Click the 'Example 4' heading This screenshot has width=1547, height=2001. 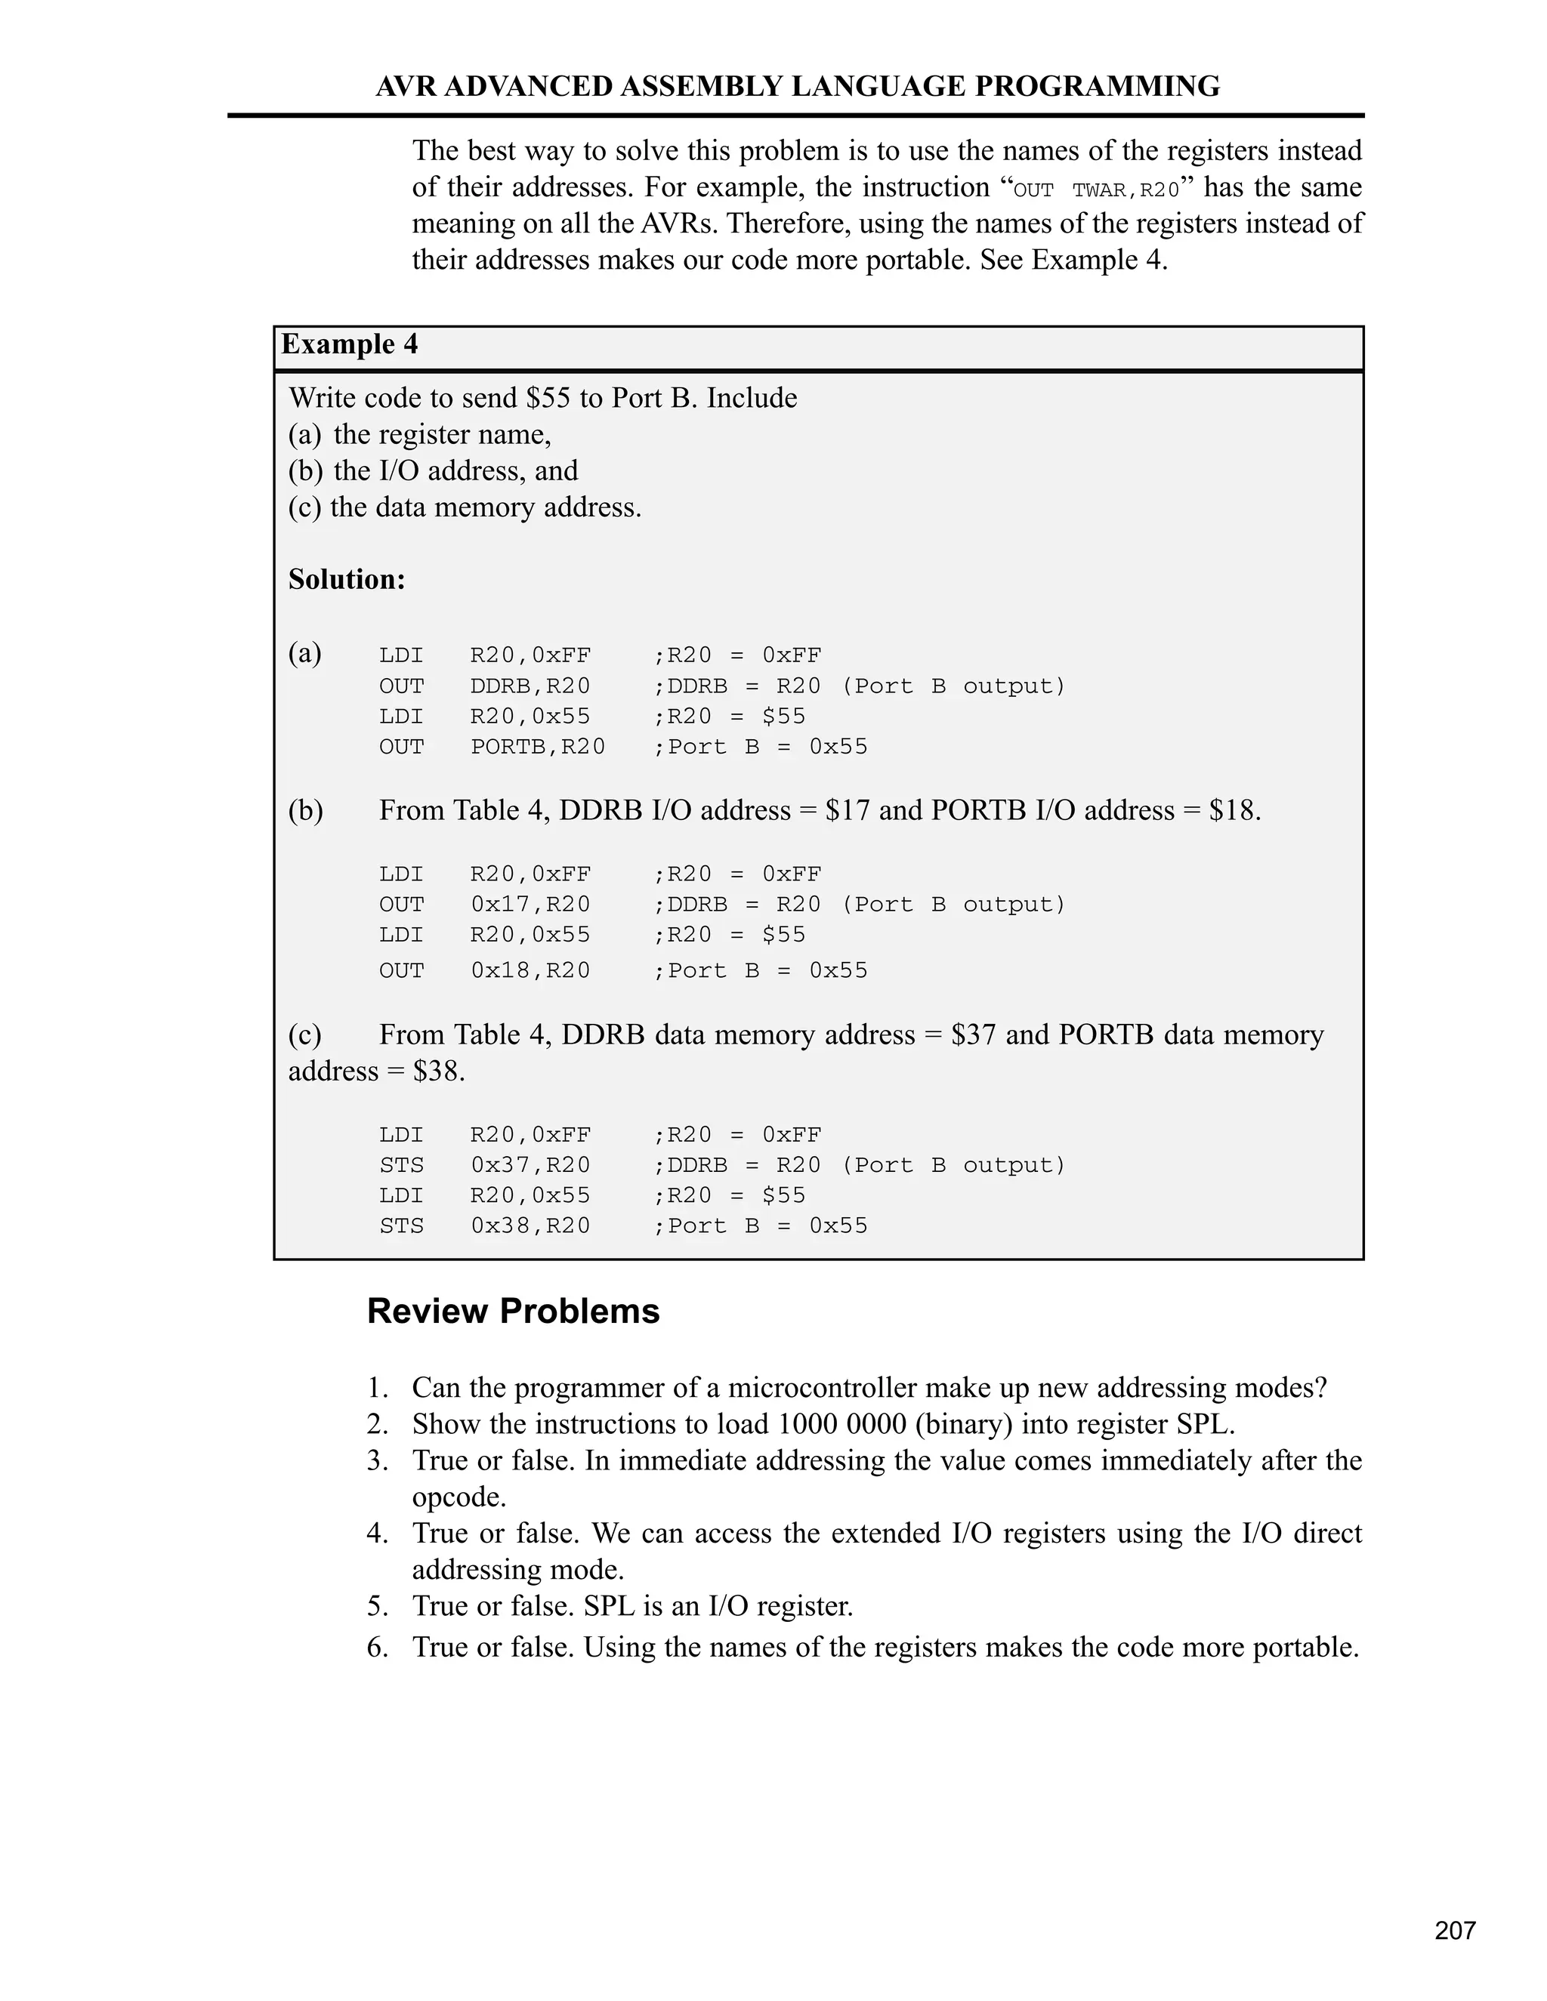point(349,344)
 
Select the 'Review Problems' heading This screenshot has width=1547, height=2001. point(513,1311)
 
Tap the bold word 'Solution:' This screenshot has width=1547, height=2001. point(347,579)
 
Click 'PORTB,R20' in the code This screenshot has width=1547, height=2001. point(538,747)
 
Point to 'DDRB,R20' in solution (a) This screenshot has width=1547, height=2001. point(530,686)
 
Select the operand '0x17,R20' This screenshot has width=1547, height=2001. point(530,905)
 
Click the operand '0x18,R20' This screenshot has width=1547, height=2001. point(530,970)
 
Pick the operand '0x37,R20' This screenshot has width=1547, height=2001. point(530,1165)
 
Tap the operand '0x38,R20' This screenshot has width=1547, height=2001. point(530,1226)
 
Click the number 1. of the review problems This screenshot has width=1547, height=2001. point(378,1388)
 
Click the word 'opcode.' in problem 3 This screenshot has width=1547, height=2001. point(459,1497)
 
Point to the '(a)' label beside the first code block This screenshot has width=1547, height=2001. point(305,653)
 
